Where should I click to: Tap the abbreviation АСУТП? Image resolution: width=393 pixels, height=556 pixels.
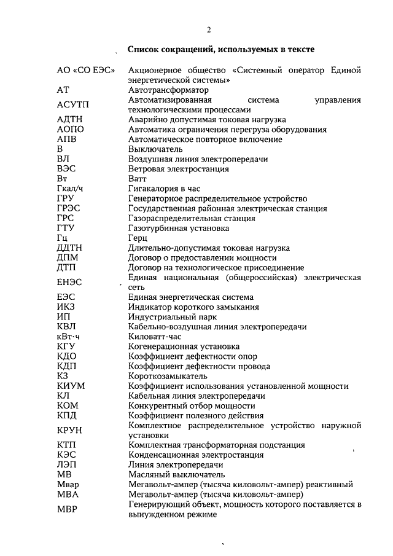point(73,104)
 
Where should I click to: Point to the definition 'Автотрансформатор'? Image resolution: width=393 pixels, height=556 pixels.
point(168,90)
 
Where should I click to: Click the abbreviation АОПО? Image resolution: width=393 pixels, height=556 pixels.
point(70,130)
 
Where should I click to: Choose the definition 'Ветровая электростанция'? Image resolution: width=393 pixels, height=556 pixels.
point(179,169)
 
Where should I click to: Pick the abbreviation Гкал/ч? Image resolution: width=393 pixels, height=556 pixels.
point(69,189)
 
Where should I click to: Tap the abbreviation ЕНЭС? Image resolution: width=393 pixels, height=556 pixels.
point(69,282)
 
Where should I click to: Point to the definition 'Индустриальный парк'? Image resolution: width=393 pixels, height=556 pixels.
point(171,317)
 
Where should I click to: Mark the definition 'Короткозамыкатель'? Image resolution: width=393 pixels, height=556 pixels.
point(168,376)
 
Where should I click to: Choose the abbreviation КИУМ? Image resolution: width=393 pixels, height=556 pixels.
point(71,386)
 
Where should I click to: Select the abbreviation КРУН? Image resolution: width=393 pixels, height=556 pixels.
point(69,429)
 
